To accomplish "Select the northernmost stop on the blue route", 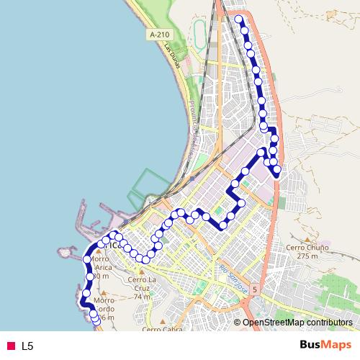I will point(239,19).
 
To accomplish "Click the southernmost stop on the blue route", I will point(97,321).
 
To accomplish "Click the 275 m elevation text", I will point(307,256).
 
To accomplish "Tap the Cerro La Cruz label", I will point(141,279).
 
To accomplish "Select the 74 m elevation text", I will point(142,297).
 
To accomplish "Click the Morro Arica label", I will point(103,267).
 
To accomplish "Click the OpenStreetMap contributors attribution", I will point(297,323).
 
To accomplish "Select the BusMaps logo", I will point(320,345).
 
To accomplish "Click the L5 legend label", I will point(27,346).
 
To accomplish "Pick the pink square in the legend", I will point(11,346).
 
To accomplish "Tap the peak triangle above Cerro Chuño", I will point(307,238).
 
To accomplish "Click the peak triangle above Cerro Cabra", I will point(162,321).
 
